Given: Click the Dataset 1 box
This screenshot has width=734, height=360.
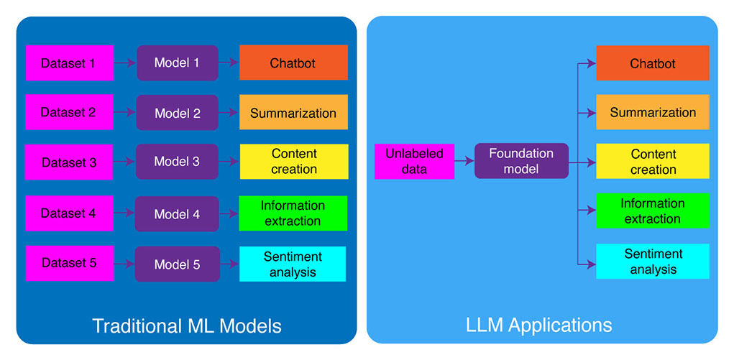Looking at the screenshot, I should point(69,63).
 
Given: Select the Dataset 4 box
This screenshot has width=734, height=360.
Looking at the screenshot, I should point(69,213).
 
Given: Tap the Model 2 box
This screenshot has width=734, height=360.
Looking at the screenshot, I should point(177,113).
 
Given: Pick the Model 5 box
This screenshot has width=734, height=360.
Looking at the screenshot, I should point(177,264).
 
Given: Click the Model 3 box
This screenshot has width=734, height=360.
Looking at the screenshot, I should point(177,162).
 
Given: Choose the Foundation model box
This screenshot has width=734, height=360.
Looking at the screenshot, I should point(521,161).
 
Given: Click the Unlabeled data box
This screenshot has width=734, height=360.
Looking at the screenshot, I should point(414,161).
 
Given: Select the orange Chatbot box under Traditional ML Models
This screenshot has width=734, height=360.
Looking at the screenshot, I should point(293,63).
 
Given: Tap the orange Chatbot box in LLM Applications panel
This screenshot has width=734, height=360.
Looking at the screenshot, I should point(652,63).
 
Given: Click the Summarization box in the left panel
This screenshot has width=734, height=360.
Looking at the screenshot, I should point(293,112).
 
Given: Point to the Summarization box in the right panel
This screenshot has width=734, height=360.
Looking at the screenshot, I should point(652,112).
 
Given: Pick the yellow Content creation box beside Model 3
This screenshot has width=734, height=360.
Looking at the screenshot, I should point(293,162).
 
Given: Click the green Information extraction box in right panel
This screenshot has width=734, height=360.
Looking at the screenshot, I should point(652,211).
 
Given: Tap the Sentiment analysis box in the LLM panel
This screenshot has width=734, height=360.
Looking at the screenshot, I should point(652,261).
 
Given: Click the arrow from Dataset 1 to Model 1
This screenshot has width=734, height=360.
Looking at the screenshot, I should point(125,63).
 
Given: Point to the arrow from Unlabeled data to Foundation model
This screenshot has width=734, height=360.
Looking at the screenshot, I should point(464,162).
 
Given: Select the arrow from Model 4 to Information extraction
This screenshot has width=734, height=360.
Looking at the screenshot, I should point(229,213).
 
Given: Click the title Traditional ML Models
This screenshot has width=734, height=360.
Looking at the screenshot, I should point(187,326).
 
